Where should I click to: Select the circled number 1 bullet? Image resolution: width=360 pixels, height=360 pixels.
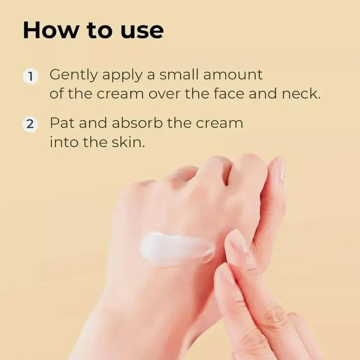(31, 77)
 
